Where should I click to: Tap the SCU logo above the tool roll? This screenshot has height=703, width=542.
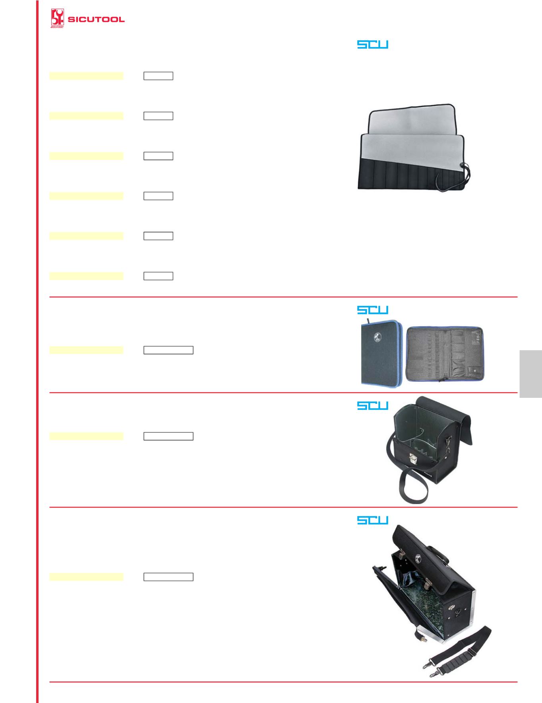point(372,44)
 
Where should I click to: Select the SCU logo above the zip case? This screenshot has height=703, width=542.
point(372,310)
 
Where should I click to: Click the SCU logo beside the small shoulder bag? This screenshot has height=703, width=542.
point(372,405)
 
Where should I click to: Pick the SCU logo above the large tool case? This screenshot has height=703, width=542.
point(372,520)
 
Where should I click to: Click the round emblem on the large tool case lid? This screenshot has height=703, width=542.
point(418,557)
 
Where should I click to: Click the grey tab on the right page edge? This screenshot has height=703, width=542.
point(530,374)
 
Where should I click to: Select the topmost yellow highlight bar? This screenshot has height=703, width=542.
point(86,76)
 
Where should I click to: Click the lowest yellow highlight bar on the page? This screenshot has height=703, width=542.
point(86,577)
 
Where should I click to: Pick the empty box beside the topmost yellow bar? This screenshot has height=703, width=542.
point(158,76)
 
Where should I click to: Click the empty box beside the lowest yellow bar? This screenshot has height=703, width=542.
point(168,577)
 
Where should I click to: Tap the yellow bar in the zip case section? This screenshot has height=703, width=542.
point(86,350)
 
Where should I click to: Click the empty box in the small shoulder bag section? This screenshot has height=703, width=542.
point(168,436)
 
